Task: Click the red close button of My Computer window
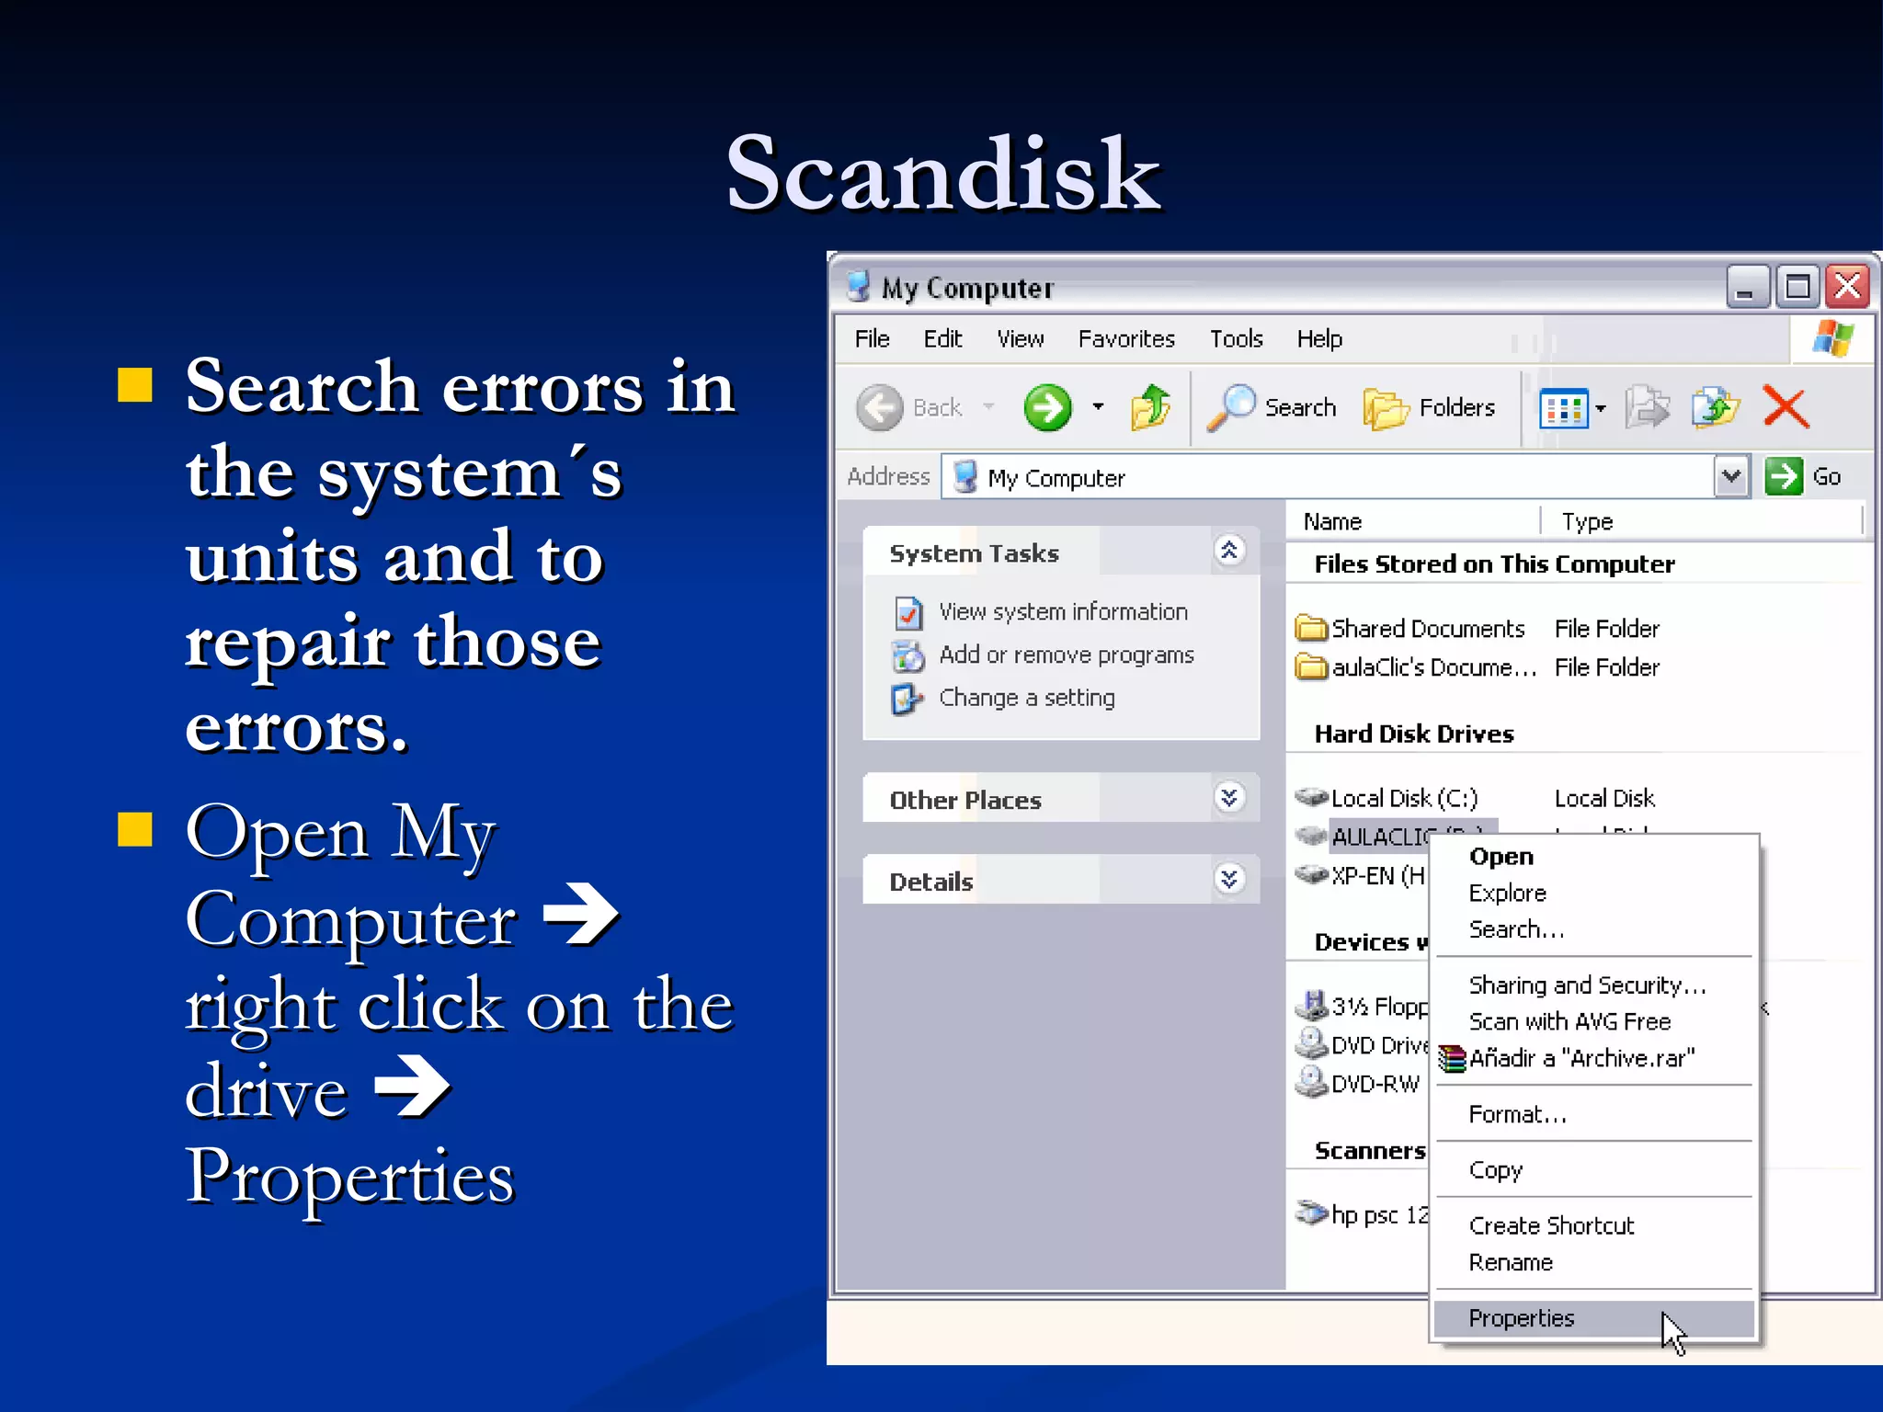1847,287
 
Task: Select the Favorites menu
1125,339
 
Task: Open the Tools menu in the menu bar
1235,339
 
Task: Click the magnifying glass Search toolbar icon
1231,406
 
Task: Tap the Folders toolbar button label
1456,407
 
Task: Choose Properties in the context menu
1521,1318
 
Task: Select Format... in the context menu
1517,1114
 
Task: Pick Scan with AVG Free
1569,1021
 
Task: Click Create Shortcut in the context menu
1551,1225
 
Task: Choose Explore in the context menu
1507,893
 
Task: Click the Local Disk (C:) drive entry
1403,798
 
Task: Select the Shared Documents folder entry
1427,629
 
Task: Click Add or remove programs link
1066,655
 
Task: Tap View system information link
1063,611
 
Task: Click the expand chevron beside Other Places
1229,798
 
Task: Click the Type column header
1587,521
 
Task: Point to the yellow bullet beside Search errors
135,386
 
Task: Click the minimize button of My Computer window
1746,287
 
